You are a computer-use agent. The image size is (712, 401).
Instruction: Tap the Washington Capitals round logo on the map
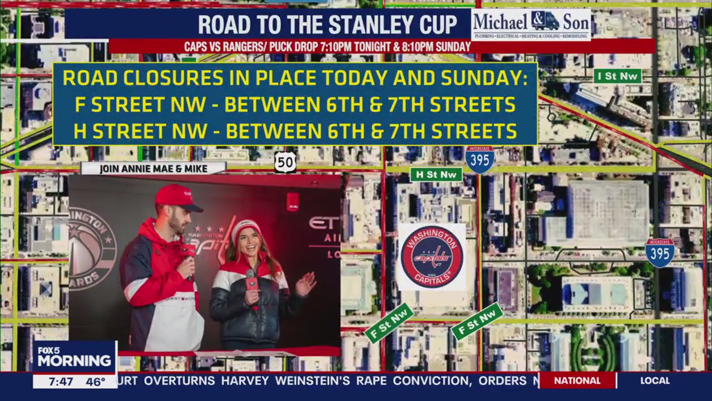coord(432,257)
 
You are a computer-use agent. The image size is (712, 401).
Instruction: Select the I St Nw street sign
coord(617,76)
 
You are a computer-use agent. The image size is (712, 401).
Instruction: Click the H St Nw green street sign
coord(436,174)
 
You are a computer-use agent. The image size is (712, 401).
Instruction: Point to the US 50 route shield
coord(285,162)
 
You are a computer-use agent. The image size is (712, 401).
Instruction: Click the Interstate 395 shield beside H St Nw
coord(479,159)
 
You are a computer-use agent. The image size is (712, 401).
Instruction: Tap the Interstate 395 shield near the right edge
coord(660,253)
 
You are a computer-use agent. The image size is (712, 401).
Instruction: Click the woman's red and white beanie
coord(245,228)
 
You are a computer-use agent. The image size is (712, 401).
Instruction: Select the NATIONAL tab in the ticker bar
coord(577,381)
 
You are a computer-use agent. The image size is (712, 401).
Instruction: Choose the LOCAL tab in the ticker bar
coord(655,381)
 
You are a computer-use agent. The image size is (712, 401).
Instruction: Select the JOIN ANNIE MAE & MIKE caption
coord(153,169)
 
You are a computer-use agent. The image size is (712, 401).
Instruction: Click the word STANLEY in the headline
coord(367,25)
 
